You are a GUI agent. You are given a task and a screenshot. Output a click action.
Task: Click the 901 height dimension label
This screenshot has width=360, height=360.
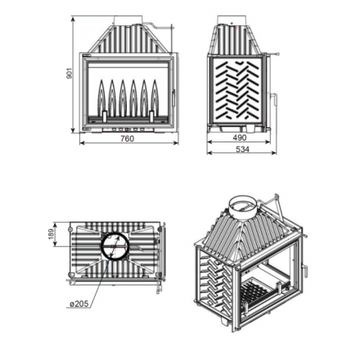click(70, 74)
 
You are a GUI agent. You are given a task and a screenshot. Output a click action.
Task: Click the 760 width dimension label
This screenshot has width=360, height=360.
click(128, 139)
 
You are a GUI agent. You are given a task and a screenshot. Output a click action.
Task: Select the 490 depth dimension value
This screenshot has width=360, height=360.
click(240, 137)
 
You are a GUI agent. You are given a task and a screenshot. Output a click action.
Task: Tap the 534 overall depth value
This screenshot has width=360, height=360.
click(242, 150)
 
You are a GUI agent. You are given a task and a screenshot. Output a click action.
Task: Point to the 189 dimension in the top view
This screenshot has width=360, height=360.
click(52, 234)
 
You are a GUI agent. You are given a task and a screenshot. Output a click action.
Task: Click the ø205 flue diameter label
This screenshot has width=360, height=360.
click(79, 304)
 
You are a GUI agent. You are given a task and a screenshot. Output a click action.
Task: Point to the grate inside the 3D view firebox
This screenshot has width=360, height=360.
click(255, 295)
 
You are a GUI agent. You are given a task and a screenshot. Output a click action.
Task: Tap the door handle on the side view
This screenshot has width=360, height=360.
click(275, 100)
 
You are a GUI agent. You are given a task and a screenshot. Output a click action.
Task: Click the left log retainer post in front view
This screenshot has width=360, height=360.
click(105, 115)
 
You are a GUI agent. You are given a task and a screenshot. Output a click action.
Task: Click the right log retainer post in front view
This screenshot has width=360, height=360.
click(152, 115)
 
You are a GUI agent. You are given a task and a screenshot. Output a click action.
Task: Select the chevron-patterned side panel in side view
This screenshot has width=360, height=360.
click(236, 90)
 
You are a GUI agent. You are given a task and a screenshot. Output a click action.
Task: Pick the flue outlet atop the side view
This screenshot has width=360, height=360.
click(232, 20)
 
